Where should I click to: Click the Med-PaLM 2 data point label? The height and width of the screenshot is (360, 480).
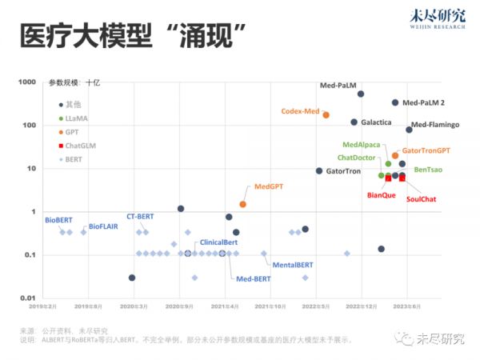[423, 103]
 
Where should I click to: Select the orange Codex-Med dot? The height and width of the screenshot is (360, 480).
[326, 115]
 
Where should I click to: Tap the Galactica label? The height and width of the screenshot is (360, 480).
[376, 122]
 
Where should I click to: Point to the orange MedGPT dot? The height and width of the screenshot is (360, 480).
[243, 204]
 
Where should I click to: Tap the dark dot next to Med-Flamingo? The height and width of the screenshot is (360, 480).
[409, 130]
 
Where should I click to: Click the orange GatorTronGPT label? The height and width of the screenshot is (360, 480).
[426, 150]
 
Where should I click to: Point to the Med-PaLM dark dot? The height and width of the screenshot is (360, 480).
[361, 94]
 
